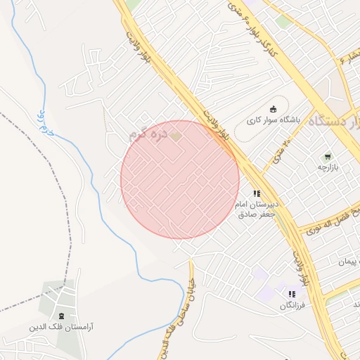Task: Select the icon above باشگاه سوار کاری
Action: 273,109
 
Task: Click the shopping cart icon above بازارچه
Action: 326,156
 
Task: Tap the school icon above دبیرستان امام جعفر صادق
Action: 257,193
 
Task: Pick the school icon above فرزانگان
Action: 292,294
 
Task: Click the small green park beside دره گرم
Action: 176,135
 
